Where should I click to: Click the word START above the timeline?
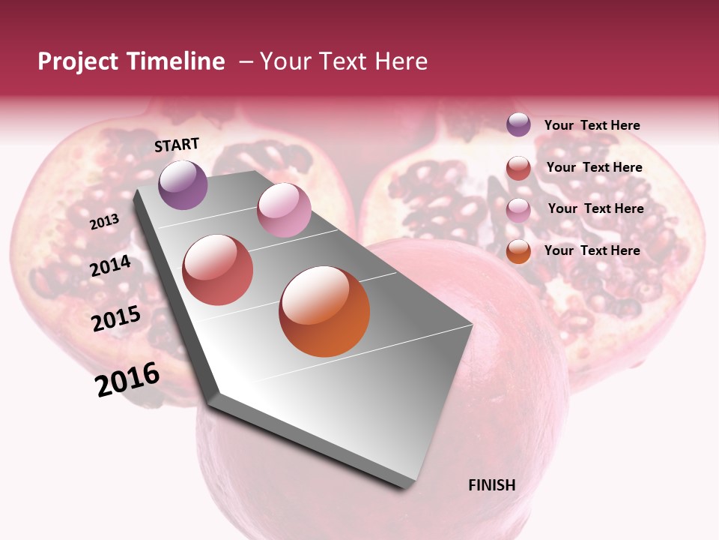point(177,145)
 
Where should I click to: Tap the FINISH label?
point(492,485)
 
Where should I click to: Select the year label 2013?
point(105,221)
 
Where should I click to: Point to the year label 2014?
point(111,265)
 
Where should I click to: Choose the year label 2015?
point(116,319)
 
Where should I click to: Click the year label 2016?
point(127,379)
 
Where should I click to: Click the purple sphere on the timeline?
point(183,184)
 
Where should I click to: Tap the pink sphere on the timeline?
point(284,210)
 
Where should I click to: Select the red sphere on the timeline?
point(218,270)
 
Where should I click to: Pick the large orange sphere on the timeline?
point(324,311)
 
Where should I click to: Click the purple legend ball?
point(518,125)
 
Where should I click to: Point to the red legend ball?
point(518,168)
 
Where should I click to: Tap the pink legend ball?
point(518,210)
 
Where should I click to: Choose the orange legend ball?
point(518,252)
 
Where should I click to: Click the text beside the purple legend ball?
point(592,125)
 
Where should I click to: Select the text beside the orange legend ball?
point(592,250)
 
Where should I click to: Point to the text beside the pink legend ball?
point(595,208)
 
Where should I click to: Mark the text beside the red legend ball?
point(594,167)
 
